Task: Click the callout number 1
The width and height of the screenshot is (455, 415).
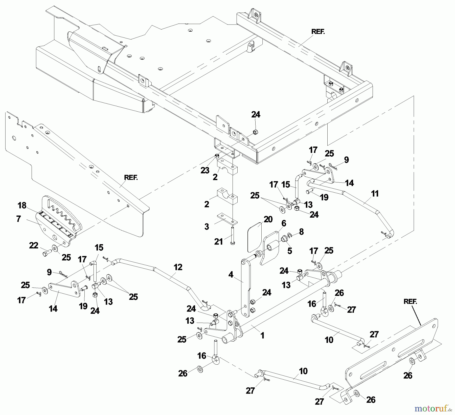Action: [x=262, y=336]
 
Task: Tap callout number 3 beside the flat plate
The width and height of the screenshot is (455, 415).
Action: [x=207, y=226]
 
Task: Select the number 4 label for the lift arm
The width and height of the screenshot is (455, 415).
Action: [x=231, y=275]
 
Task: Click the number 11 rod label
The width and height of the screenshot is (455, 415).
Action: [x=375, y=194]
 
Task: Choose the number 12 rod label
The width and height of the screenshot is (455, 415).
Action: [x=178, y=267]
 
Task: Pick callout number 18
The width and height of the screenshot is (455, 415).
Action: [x=22, y=205]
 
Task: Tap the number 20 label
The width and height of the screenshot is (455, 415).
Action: [x=268, y=219]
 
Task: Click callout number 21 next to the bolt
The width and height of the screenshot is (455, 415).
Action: [x=218, y=242]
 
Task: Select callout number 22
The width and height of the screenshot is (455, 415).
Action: [x=34, y=245]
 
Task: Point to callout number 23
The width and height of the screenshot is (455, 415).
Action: [x=205, y=170]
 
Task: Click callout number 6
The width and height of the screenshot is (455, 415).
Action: [x=284, y=223]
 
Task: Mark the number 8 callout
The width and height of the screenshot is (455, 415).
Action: [x=301, y=232]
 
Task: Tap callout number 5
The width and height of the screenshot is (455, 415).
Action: [x=290, y=251]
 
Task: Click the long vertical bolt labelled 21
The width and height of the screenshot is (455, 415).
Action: [x=233, y=235]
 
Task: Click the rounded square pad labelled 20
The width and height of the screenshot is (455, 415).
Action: [x=254, y=237]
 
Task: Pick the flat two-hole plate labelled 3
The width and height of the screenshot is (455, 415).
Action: [x=227, y=219]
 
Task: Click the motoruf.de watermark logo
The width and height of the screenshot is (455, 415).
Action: [x=434, y=408]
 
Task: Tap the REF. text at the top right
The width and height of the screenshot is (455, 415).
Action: [x=318, y=32]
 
